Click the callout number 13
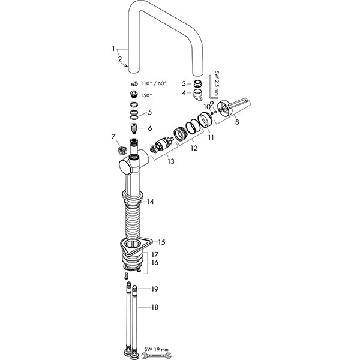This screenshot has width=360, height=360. point(171,161)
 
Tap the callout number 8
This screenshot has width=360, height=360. point(237,122)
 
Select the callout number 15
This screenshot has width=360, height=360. point(161,242)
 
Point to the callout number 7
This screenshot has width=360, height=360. point(113,137)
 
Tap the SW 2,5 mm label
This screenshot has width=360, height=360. point(217,83)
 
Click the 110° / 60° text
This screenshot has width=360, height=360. point(154,83)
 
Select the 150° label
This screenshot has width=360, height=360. point(146,95)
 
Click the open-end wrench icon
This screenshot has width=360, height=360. point(157,356)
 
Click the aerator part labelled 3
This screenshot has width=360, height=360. point(197,83)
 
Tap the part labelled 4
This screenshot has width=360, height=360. point(197,95)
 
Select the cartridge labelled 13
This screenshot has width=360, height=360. point(162,145)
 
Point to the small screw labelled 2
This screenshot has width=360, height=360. point(126,66)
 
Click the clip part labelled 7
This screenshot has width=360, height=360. point(122,151)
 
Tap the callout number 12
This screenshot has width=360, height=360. point(194,148)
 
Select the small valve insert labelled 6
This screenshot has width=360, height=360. point(133,129)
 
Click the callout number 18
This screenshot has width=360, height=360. point(155,307)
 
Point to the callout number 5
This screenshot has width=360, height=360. point(150,113)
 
